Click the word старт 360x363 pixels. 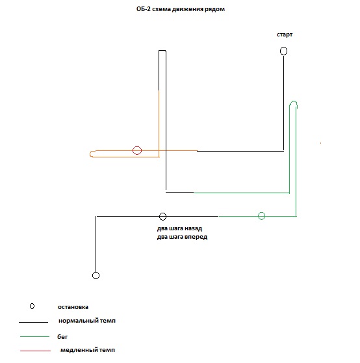(285, 34)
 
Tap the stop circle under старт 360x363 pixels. (284, 47)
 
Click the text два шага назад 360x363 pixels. (179, 228)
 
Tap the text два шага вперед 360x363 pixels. (182, 237)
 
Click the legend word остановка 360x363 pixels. (73, 307)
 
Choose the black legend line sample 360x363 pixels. (34, 322)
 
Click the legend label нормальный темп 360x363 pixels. (87, 321)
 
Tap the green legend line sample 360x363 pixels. (34, 336)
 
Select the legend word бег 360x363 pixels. (62, 337)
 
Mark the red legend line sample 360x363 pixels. (35, 351)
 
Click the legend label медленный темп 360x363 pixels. (88, 350)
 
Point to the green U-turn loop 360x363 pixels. (294, 101)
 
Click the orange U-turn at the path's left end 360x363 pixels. (90, 154)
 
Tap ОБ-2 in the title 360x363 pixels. (144, 9)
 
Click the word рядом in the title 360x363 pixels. (215, 9)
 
